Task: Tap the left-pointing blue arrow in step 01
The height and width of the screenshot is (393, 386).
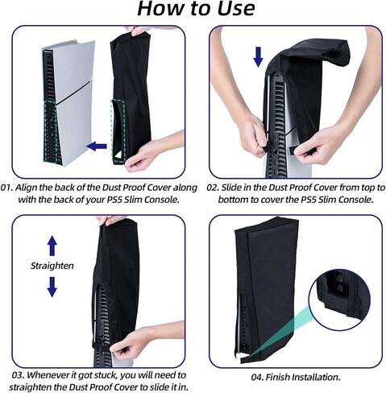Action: (x=98, y=146)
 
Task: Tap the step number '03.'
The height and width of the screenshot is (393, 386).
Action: (x=16, y=374)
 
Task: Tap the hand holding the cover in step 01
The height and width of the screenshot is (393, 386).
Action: (x=149, y=153)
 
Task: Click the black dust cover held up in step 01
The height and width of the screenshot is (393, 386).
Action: (x=129, y=89)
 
